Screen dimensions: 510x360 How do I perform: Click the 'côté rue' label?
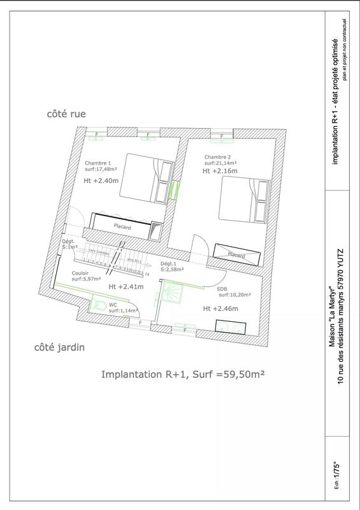(x=66, y=114)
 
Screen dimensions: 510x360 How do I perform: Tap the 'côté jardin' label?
(x=59, y=348)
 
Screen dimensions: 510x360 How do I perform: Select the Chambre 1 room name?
(x=98, y=163)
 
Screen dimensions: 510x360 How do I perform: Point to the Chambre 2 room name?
(x=217, y=157)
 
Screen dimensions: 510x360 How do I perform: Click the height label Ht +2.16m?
(x=220, y=171)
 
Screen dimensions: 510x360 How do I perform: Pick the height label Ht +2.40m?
(x=101, y=180)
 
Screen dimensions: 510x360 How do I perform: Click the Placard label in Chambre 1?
(x=122, y=226)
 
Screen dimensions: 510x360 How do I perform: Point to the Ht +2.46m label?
(x=220, y=309)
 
